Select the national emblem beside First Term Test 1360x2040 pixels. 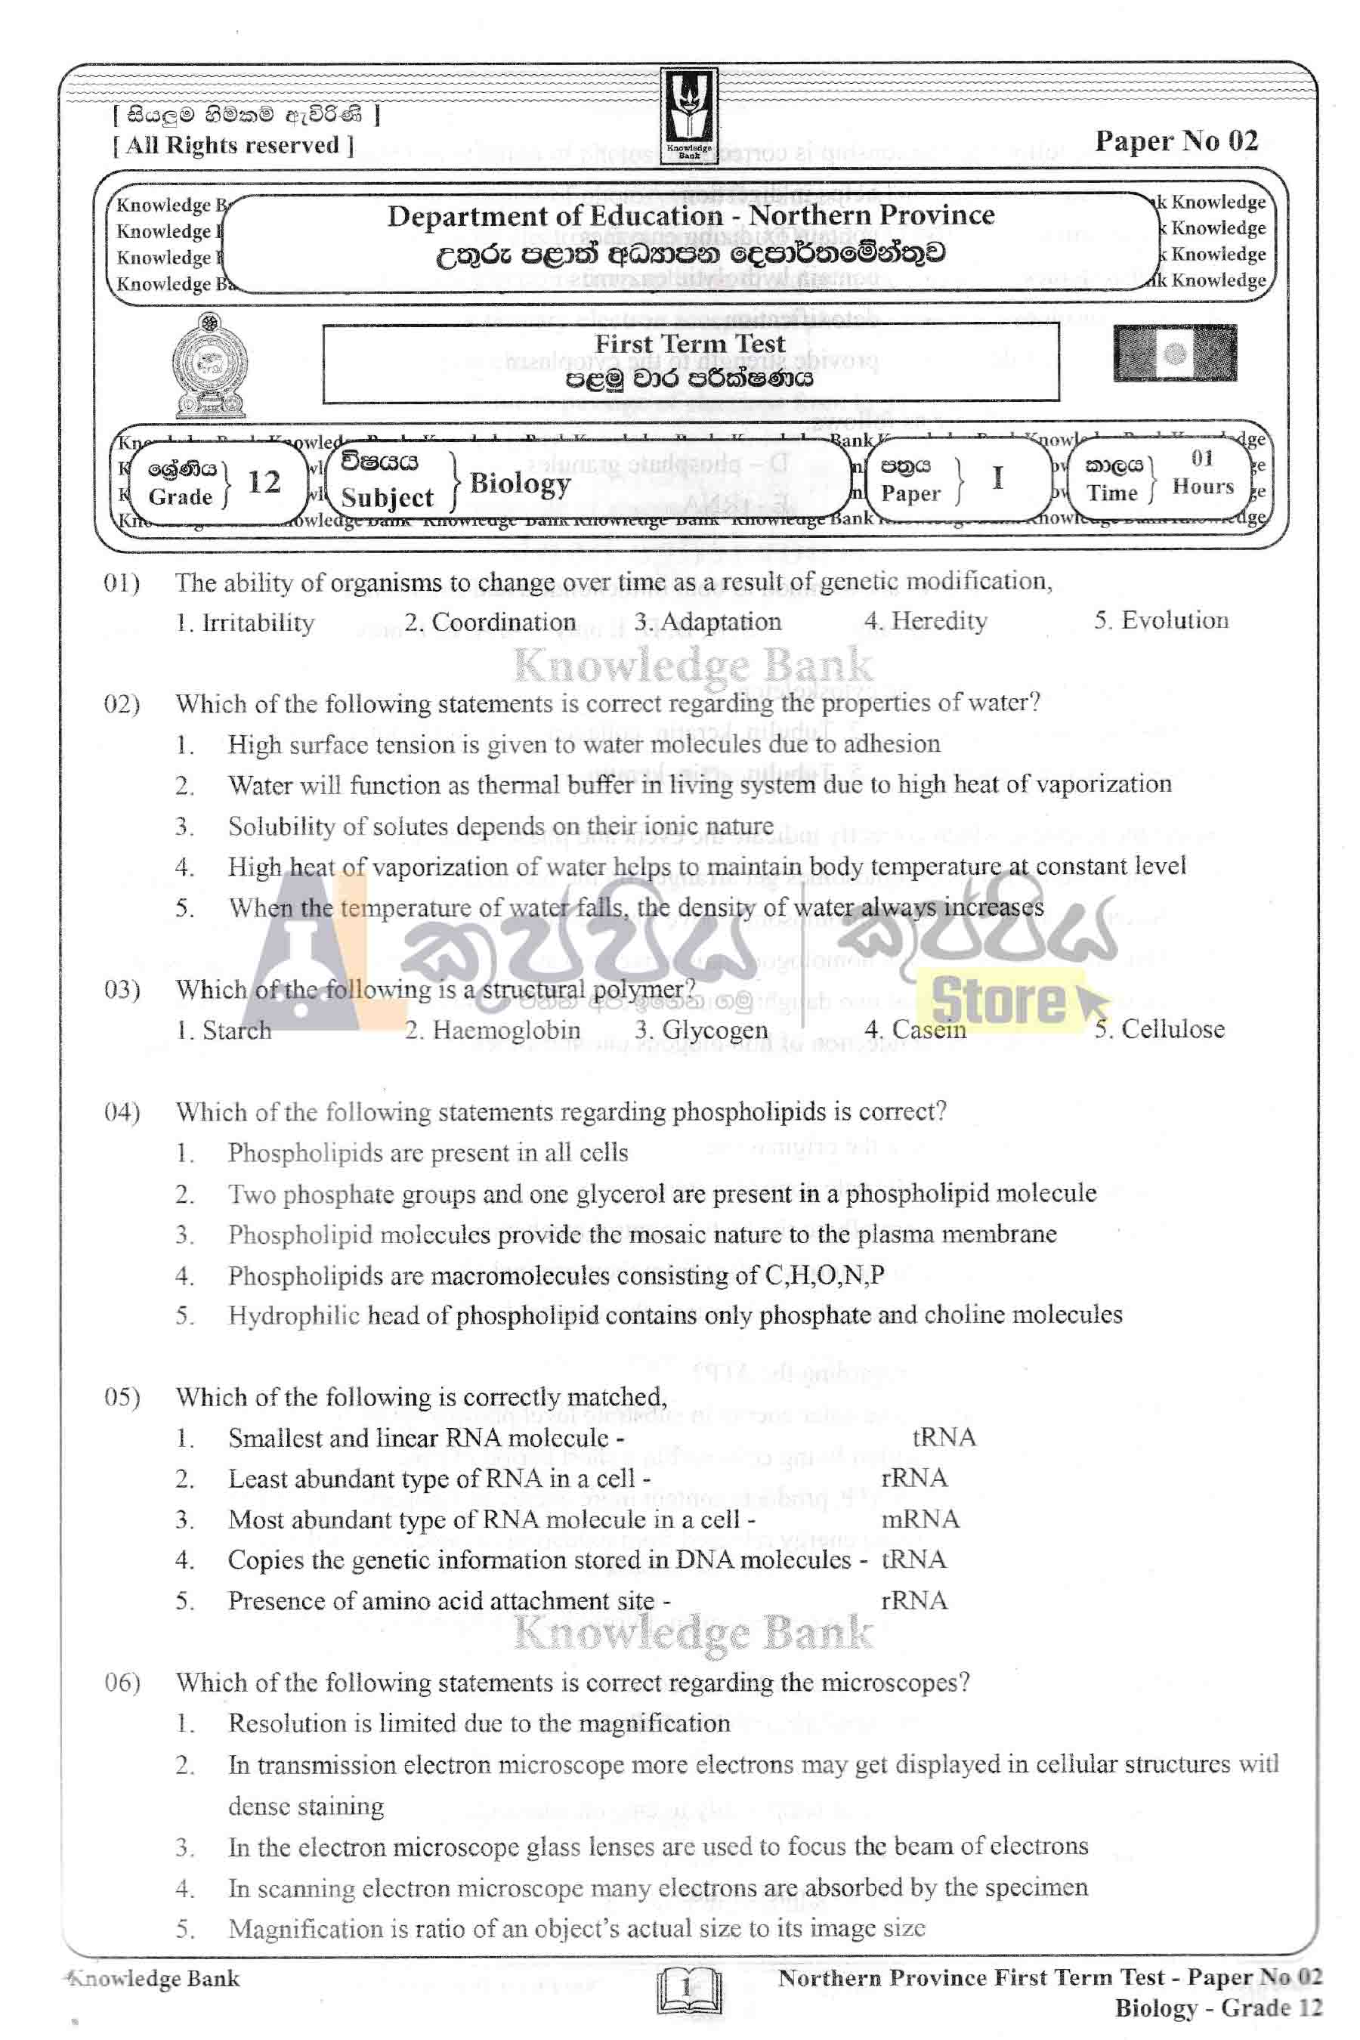pos(210,364)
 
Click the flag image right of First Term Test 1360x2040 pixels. pos(1174,353)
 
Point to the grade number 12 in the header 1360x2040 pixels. pos(264,482)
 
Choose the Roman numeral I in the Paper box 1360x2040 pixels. pos(997,478)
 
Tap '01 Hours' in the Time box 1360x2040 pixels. pos(1202,473)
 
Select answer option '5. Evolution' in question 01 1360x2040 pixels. pos(1161,620)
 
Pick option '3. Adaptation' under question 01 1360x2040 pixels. pos(707,622)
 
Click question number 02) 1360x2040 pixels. pos(122,703)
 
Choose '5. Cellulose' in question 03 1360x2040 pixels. pos(1159,1030)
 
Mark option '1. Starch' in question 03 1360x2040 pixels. pos(223,1031)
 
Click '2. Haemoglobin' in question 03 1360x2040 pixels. pos(492,1031)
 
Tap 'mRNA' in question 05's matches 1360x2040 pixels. pos(920,1519)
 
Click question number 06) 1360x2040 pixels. pos(122,1683)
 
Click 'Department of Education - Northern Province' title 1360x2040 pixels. pos(691,215)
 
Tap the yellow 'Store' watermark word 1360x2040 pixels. pos(997,1001)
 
